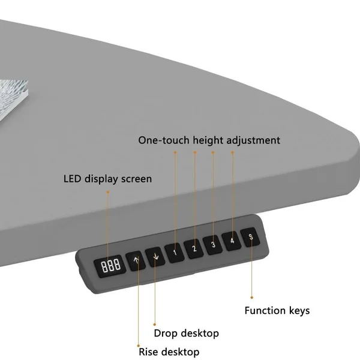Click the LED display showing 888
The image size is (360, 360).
(x=110, y=266)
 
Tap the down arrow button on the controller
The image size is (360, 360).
(x=155, y=257)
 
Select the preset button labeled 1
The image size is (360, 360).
(x=175, y=253)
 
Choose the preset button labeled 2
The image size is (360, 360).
(x=194, y=248)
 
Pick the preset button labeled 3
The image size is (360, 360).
(x=213, y=245)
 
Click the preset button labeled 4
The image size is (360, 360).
(x=232, y=241)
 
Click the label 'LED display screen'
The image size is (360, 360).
(x=107, y=179)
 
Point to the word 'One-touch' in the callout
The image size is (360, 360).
(x=164, y=140)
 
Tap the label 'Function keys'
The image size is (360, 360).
(x=277, y=311)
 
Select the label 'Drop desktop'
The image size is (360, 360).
(x=187, y=334)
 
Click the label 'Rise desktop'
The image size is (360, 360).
(x=169, y=352)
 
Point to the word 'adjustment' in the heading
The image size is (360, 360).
(x=253, y=140)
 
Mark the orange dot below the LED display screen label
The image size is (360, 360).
(x=108, y=192)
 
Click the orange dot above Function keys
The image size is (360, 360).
(x=252, y=298)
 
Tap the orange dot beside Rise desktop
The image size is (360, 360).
(x=139, y=346)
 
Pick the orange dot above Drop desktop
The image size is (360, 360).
(x=155, y=325)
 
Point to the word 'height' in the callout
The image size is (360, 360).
(x=208, y=140)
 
